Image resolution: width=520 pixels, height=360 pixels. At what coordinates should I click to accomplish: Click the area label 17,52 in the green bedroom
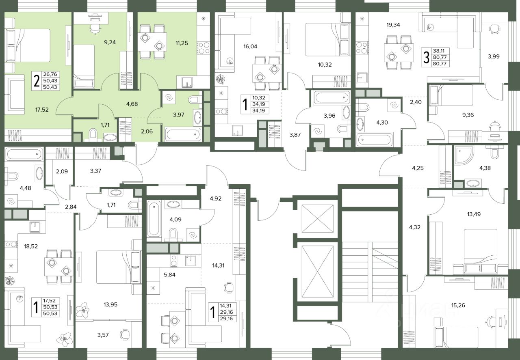pos(42,110)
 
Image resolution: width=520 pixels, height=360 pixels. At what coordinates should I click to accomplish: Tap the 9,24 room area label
pos(110,43)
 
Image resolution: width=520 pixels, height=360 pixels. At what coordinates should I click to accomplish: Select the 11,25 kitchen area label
pos(182,43)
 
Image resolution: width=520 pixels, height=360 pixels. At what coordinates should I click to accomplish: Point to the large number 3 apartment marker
pos(426,58)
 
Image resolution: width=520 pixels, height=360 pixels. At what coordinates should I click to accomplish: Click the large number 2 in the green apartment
pos(37,81)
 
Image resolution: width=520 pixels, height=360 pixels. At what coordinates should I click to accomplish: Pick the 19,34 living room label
pos(393,25)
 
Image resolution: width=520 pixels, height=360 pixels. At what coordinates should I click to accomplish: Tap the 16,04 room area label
pos(250,47)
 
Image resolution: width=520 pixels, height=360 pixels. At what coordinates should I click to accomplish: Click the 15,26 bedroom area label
pos(458,305)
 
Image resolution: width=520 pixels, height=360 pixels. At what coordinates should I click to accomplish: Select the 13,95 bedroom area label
pos(110,304)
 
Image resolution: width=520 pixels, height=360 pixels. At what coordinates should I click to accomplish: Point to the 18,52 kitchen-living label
pos(31,246)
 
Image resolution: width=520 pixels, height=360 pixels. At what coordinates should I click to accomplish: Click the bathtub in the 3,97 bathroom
pos(183,134)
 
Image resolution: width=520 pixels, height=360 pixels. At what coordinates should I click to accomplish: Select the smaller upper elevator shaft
pos(317,218)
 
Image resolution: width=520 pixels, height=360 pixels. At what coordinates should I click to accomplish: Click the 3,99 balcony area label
pos(494,56)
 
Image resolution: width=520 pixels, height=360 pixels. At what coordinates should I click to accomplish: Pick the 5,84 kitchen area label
pos(169,275)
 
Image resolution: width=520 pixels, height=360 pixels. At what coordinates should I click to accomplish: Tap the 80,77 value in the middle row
pos(440,57)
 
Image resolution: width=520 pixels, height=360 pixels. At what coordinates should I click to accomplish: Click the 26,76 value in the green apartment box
pos(50,74)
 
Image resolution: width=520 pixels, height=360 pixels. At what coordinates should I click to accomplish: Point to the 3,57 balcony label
pos(103,335)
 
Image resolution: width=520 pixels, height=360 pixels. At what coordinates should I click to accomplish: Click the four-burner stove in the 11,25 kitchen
pos(204,48)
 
